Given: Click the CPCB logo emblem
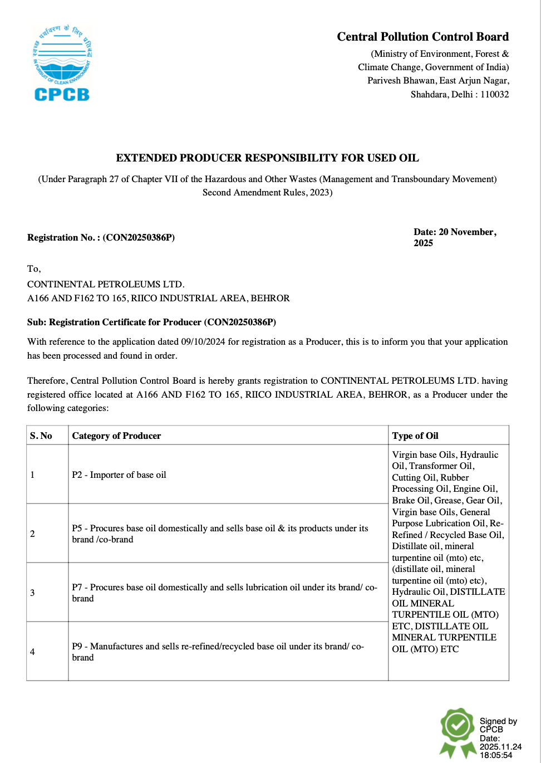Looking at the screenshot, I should point(62,63).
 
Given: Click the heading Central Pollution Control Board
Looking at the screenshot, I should point(422,37).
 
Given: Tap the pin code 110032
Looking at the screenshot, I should point(494,94).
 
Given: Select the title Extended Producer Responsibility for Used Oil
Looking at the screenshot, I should point(267,158).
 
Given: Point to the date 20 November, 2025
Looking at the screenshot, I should point(455,237).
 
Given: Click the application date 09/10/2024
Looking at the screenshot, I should point(203,341).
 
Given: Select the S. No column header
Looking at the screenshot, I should point(41,436).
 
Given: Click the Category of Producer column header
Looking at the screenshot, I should point(116,436).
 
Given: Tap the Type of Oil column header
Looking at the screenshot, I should point(415,436).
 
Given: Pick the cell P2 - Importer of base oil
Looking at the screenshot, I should point(119,475).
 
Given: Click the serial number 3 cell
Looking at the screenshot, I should point(32,593).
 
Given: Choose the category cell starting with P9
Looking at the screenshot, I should point(218,652).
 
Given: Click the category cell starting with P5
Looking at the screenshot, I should point(220,534).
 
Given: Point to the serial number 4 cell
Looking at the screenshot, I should point(32,652).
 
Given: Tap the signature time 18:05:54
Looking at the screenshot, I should point(496,755).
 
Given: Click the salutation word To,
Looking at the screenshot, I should point(34,268).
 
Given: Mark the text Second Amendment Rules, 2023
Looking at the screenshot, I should point(267,192).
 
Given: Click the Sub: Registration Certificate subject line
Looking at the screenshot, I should point(151,322).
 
